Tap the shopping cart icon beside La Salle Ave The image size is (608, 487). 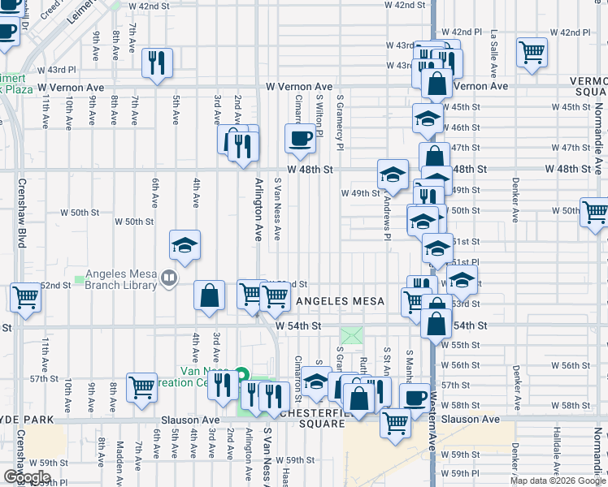[x=532, y=53]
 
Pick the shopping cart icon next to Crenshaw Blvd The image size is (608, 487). [x=26, y=297]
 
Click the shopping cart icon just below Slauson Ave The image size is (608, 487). [x=395, y=422]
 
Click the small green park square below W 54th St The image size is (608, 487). [x=352, y=335]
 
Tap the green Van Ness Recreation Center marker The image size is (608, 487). [x=241, y=375]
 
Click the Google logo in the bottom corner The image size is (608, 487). [x=27, y=476]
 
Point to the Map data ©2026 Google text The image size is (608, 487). [x=558, y=481]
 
